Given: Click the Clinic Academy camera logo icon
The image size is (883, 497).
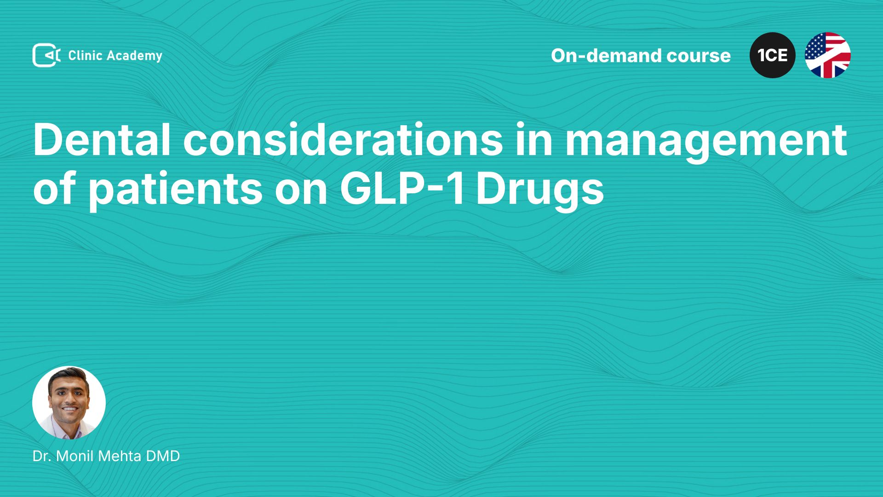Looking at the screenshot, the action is point(46,55).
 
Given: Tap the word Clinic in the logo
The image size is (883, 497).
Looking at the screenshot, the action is point(85,55).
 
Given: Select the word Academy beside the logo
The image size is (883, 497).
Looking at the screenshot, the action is point(135,56).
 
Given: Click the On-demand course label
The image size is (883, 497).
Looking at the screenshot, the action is point(641,55).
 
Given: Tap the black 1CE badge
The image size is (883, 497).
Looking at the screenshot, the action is point(773,55).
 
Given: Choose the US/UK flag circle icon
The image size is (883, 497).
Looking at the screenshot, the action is point(828,55).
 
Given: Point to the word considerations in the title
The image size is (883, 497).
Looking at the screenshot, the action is point(343,139).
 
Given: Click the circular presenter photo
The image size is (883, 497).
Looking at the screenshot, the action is point(69,403).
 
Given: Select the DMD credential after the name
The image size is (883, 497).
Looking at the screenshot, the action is point(163,456).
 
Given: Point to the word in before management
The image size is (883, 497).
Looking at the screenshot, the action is point(534,139).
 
